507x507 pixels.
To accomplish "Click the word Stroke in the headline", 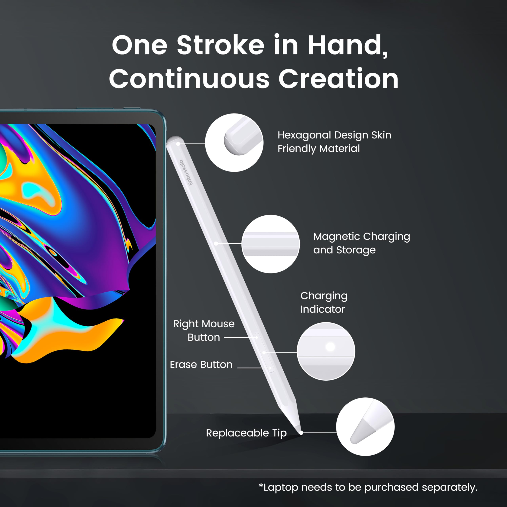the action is coord(221,45).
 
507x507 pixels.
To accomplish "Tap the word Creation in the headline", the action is coord(338,78).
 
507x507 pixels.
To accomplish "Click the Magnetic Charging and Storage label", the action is coord(361,243).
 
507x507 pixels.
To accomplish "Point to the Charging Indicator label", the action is coord(324,302).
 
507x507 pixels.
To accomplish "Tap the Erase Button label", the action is coord(201,364).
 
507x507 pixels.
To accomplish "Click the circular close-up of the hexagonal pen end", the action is coord(234,143).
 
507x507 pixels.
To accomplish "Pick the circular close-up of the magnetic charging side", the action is coord(271,244).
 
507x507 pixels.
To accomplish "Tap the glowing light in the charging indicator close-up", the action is coord(330,347).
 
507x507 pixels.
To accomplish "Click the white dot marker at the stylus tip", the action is coord(301,433).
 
